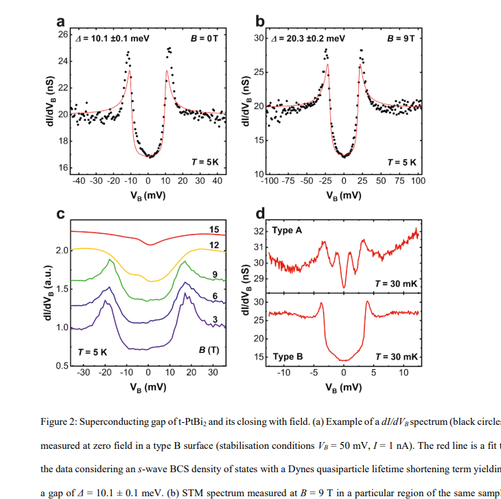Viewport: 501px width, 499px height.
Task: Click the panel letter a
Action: click(62, 21)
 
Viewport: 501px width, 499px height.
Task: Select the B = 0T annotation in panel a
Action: click(204, 37)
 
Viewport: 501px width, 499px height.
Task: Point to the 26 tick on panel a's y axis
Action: click(62, 34)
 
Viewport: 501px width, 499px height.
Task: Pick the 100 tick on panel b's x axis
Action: click(418, 181)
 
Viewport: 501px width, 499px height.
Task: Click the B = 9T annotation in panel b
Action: click(401, 37)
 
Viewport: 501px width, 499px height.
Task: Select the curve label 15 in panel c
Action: click(213, 229)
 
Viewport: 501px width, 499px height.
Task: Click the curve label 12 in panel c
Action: click(213, 245)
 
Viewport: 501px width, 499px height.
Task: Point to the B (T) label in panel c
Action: click(209, 350)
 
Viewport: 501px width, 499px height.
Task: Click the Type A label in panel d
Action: click(287, 231)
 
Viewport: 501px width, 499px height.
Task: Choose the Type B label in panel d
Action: click(287, 357)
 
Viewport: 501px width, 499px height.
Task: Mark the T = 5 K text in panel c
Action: click(93, 351)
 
